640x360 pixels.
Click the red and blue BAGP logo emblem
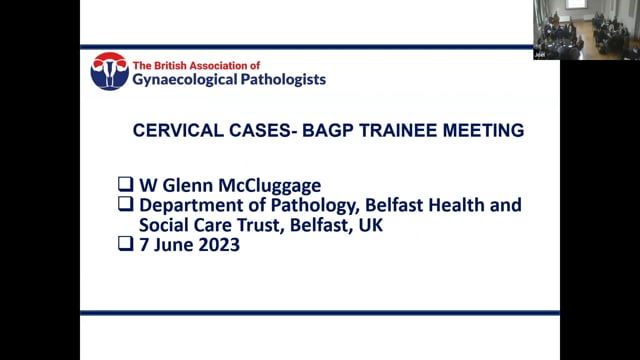(x=108, y=71)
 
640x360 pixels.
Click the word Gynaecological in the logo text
(x=183, y=79)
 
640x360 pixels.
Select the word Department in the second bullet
(x=189, y=205)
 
